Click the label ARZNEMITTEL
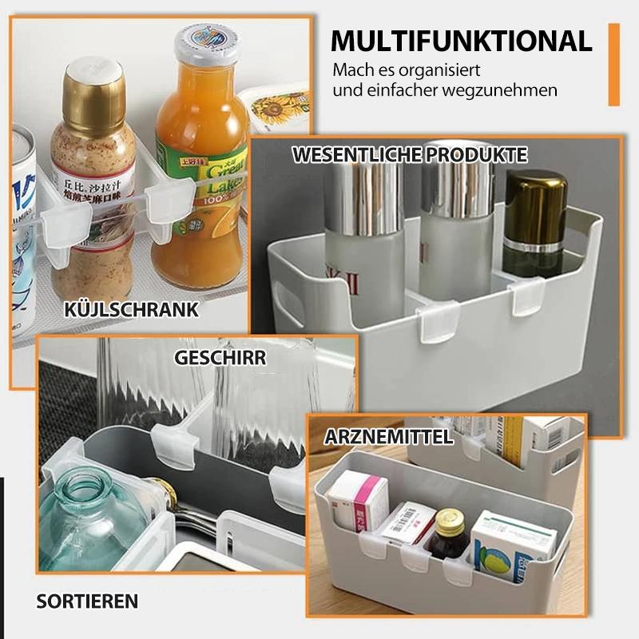coord(389,437)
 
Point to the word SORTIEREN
coord(87,601)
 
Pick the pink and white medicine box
coord(356,503)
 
